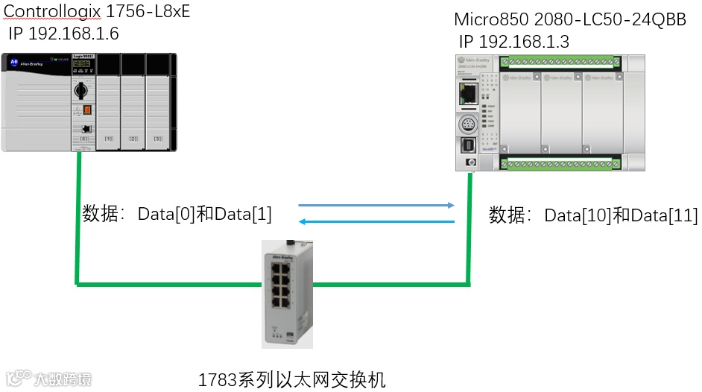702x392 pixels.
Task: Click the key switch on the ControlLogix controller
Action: pyautogui.click(x=81, y=92)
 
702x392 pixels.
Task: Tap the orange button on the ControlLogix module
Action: pyautogui.click(x=86, y=110)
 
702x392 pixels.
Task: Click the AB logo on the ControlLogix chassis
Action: pyautogui.click(x=13, y=63)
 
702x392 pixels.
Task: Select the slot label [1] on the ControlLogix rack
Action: pyautogui.click(x=109, y=139)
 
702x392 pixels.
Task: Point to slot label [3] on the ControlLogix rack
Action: pyautogui.click(x=158, y=139)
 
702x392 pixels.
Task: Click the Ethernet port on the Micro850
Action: pyautogui.click(x=469, y=93)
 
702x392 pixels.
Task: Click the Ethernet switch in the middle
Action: pyautogui.click(x=288, y=291)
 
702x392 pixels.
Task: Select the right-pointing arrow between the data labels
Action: pyautogui.click(x=376, y=205)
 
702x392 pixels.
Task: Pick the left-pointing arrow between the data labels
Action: pyautogui.click(x=376, y=221)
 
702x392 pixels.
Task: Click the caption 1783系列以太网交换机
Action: pyautogui.click(x=291, y=379)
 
